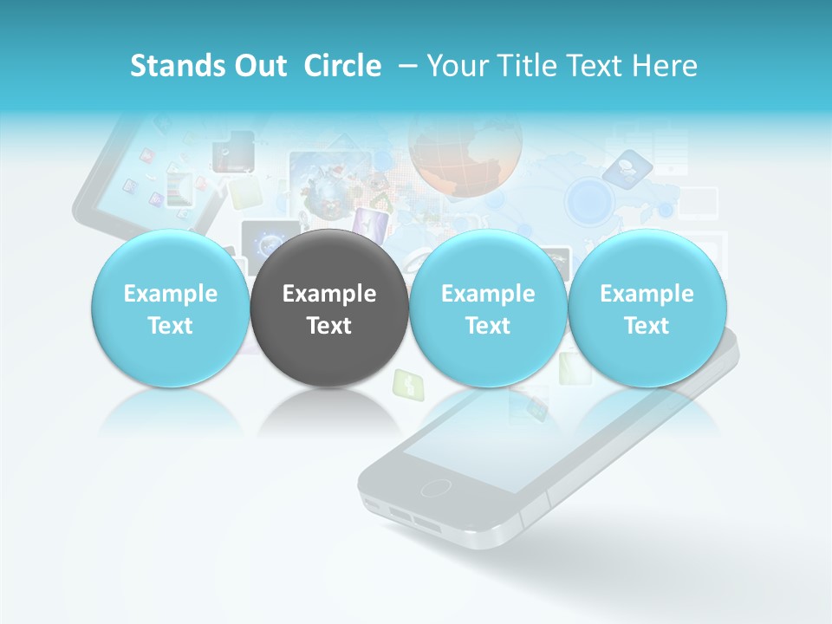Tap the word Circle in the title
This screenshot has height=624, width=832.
pos(342,66)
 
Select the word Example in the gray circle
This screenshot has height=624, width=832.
pos(329,294)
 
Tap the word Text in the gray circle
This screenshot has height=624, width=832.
pos(329,326)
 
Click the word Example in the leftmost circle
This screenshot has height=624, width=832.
pos(171,294)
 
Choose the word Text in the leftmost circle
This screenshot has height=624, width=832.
pos(171,326)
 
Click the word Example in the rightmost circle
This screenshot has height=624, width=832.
pos(647,294)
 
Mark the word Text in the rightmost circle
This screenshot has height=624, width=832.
pos(647,326)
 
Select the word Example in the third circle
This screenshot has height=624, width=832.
pos(488,294)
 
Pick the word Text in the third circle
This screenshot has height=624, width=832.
pos(488,326)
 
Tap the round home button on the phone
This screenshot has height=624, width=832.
pos(435,487)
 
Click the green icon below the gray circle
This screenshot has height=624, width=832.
pos(405,382)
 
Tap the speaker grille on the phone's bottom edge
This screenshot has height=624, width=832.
pos(413,519)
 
